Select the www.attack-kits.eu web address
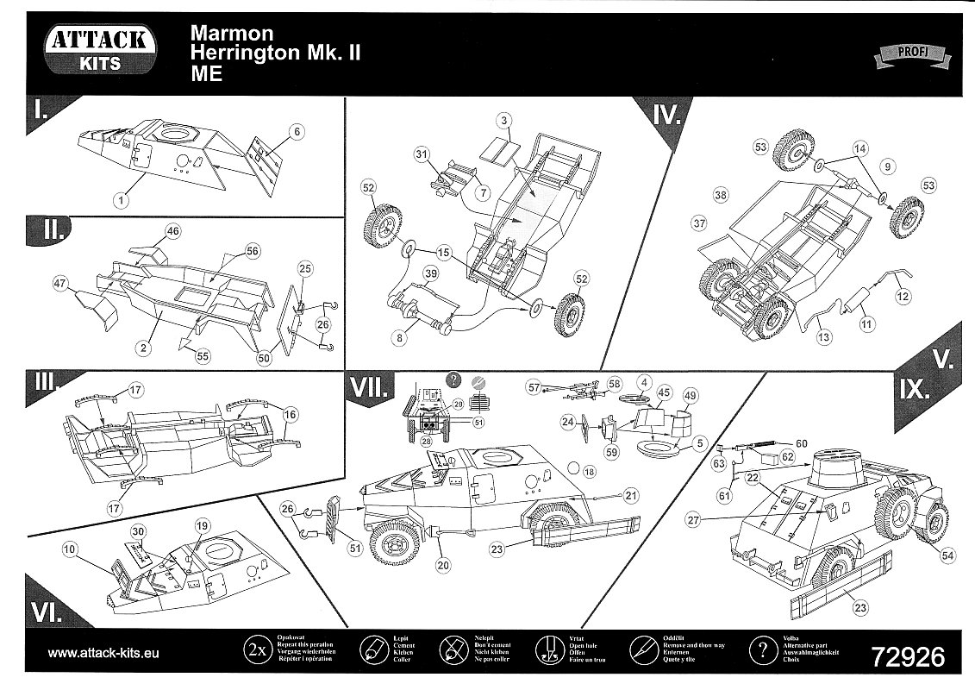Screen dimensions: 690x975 point(103,653)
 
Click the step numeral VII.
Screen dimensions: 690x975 point(369,388)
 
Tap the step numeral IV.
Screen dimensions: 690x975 point(666,113)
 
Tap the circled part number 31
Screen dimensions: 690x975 point(422,154)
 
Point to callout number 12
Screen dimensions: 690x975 point(903,297)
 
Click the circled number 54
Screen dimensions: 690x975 point(948,555)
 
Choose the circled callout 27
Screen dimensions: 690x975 point(694,519)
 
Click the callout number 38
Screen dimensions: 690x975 point(720,196)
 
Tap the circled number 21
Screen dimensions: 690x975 point(632,495)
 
